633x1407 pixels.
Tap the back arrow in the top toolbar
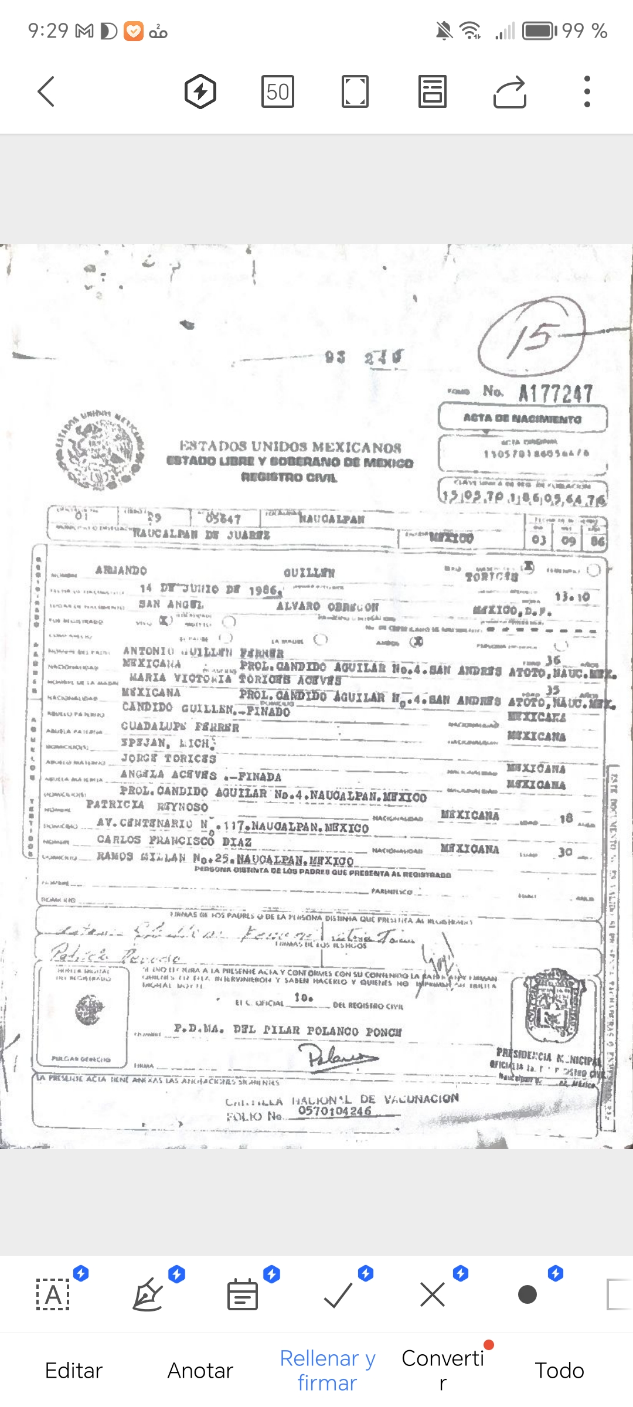pos(46,91)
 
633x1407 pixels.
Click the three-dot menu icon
pos(587,91)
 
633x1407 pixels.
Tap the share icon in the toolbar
pos(509,91)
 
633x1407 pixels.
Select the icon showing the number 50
pos(277,91)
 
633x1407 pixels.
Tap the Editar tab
pos(74,1370)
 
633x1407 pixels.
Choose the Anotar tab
pos(200,1370)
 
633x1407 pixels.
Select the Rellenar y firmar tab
pos(327,1370)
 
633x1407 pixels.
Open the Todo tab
pos(559,1370)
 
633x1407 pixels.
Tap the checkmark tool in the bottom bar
pos(338,1294)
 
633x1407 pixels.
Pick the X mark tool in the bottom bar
pos(433,1294)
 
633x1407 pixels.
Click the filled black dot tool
pos(527,1294)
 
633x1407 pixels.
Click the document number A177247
pos(556,393)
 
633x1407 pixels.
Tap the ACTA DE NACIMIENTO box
pos(522,419)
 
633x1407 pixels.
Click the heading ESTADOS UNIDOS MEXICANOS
pos(290,447)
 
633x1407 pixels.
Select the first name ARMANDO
pos(121,570)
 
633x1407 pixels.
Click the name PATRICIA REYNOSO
pos(147,806)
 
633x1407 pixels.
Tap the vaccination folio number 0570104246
pos(335,1111)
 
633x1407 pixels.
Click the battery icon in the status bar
pos(539,30)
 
